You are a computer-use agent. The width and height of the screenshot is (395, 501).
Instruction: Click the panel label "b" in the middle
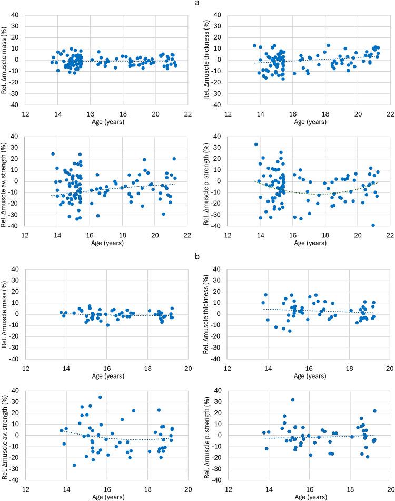(197, 256)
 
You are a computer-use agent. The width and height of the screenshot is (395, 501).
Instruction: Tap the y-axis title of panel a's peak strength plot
(210, 181)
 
